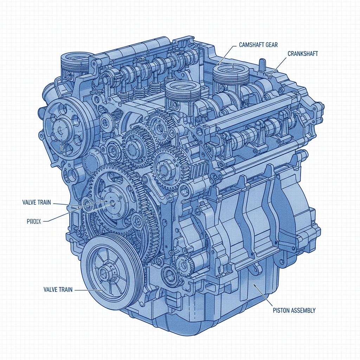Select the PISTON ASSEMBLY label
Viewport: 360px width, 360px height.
(294, 310)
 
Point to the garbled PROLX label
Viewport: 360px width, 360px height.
(34, 221)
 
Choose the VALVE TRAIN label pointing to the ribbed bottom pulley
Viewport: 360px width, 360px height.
(58, 289)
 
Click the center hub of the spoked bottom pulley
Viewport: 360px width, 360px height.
(104, 272)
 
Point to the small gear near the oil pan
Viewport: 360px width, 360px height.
(184, 263)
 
